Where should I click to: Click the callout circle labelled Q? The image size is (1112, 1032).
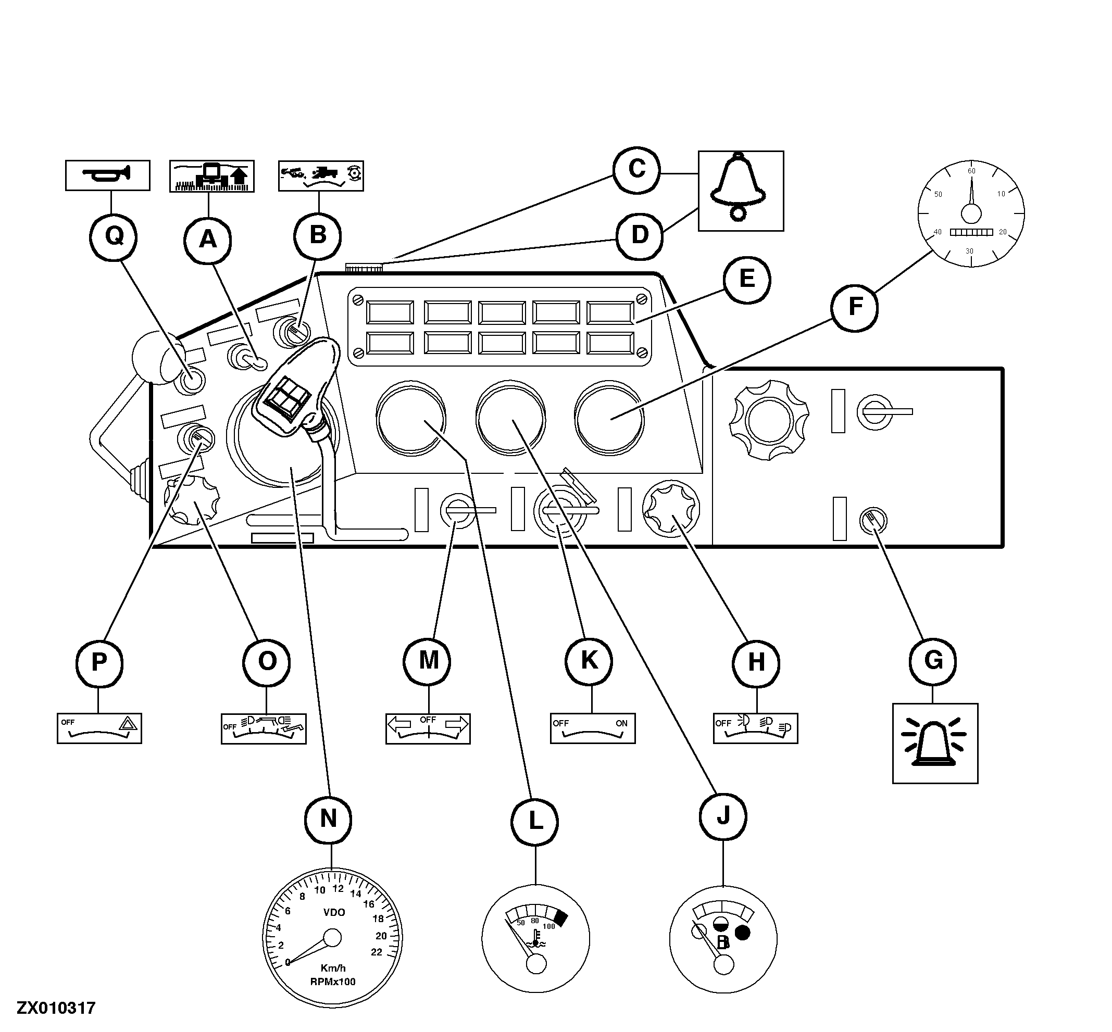114,237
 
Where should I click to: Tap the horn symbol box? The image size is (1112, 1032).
108,175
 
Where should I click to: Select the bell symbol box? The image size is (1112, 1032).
741,191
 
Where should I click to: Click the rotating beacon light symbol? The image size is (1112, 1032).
935,744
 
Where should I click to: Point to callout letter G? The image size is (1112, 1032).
933,660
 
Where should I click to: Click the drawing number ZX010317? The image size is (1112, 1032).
56,1008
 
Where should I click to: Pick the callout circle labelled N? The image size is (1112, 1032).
329,819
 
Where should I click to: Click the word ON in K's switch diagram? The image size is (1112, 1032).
621,723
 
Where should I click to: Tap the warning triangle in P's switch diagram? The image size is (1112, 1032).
128,724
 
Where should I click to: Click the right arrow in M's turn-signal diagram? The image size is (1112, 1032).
456,724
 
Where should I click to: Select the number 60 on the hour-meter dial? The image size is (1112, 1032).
971,171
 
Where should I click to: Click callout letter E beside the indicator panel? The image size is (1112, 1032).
747,278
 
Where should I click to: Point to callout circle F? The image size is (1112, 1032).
855,307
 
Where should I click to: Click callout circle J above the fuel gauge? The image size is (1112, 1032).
723,816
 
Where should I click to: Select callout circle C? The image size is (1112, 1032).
636,169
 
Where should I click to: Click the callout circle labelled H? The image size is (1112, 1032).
756,662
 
